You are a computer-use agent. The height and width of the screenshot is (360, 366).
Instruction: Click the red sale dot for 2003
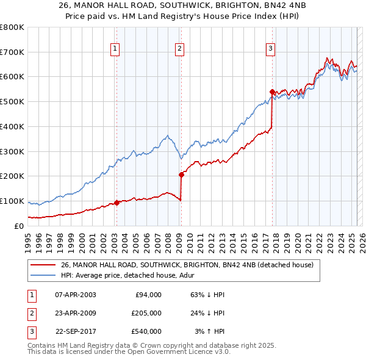pos(117,203)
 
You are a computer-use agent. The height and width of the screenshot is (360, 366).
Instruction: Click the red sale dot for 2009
pos(181,175)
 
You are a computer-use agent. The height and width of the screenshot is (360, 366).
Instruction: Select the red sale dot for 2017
pos(272,92)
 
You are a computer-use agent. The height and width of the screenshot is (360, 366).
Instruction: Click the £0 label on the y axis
pos(18,226)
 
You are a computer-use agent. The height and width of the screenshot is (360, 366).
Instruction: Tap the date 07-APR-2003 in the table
pos(75,295)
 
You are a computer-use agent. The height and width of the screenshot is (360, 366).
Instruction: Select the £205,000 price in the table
pos(147,313)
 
